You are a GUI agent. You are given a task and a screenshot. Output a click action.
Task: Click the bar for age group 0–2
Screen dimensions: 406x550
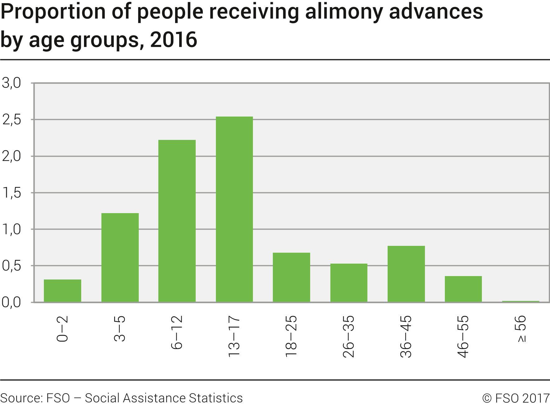[63, 291]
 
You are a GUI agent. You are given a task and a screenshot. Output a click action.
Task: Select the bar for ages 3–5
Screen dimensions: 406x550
[120, 257]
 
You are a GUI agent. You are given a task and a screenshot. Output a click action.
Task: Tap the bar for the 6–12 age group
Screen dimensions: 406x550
[177, 221]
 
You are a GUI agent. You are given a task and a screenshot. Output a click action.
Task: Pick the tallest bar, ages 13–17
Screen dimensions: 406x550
[234, 209]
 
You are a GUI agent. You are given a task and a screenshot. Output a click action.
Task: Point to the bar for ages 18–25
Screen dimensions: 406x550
[291, 277]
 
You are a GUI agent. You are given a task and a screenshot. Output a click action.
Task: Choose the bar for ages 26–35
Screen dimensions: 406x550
[349, 283]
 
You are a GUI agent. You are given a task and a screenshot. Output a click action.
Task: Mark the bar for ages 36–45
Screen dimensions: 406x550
[406, 274]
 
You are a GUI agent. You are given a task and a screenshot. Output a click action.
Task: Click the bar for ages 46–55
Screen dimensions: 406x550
[463, 289]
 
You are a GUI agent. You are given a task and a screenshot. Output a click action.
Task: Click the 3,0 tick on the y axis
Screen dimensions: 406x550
[12, 83]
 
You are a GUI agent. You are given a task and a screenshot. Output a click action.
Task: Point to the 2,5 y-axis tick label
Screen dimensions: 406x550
[12, 120]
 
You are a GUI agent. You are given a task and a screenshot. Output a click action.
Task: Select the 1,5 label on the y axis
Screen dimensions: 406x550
[12, 193]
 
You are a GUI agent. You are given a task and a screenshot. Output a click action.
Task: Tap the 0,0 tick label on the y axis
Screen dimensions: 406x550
[12, 302]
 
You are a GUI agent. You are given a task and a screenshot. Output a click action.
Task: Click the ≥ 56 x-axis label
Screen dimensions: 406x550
[520, 329]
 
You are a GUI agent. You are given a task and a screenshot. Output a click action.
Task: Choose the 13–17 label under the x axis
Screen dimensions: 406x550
[234, 336]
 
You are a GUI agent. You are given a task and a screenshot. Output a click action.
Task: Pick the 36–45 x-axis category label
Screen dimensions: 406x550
[406, 336]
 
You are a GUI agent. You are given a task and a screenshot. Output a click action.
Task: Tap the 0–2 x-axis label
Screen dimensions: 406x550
[63, 329]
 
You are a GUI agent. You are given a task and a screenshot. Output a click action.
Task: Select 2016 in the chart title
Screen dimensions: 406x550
[174, 40]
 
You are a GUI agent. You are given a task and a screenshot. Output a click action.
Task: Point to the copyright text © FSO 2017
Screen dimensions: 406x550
[516, 398]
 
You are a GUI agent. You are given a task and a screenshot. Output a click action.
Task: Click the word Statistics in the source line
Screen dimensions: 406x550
[216, 398]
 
